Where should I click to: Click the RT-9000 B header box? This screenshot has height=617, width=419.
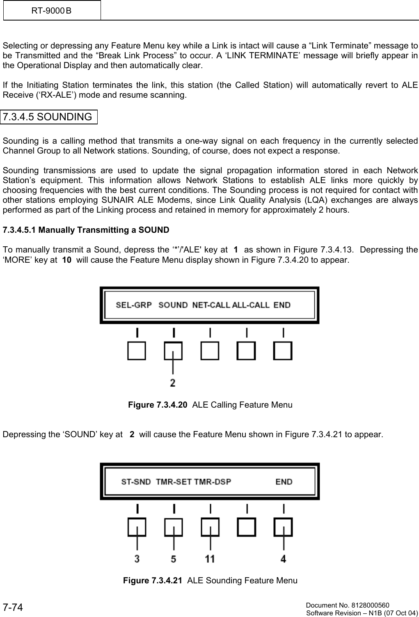(52, 10)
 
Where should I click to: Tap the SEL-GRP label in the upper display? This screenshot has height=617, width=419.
(134, 305)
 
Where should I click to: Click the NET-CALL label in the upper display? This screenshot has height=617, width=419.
(211, 305)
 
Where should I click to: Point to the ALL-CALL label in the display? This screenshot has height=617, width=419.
(251, 305)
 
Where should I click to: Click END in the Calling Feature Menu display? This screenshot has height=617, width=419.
(282, 305)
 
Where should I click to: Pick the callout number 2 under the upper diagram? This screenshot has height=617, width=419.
(173, 383)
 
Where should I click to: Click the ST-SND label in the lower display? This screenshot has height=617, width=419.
(136, 482)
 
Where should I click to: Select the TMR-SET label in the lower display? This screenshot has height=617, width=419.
(174, 482)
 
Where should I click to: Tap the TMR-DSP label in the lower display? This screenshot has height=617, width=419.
(213, 482)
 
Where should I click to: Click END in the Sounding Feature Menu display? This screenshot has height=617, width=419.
(284, 482)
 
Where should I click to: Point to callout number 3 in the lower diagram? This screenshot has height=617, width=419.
(137, 559)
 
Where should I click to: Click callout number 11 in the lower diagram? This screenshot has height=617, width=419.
(210, 559)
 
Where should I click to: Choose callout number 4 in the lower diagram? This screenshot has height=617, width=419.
(284, 559)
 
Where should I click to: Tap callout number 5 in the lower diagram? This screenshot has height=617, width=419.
(174, 559)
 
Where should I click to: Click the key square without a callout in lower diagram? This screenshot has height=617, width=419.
(247, 527)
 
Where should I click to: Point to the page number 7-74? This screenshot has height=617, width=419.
(13, 607)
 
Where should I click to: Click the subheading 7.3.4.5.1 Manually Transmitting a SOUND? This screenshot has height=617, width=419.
(86, 230)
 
